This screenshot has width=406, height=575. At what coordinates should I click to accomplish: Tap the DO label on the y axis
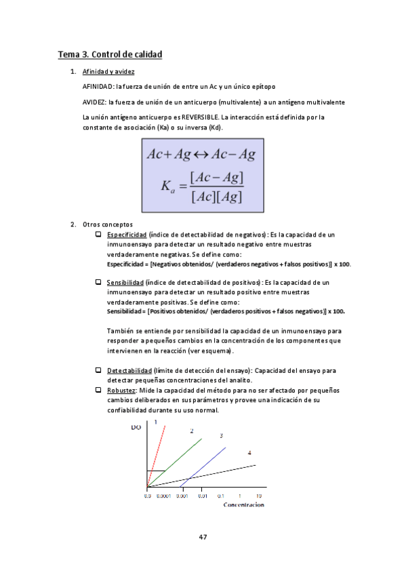(136, 428)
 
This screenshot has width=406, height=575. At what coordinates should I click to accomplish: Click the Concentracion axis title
(244, 505)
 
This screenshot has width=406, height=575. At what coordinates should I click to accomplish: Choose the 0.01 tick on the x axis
(202, 496)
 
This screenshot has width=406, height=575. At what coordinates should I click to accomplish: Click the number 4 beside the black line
(249, 452)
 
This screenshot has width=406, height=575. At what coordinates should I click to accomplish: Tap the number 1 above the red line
(157, 422)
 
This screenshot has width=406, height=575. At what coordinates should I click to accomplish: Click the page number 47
(203, 537)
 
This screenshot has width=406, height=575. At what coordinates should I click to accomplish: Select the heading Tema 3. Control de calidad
(110, 54)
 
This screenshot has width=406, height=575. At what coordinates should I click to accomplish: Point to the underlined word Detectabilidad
(129, 370)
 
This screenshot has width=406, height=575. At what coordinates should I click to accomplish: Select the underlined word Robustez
(121, 391)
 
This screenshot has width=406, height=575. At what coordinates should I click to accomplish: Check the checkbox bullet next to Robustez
(99, 391)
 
